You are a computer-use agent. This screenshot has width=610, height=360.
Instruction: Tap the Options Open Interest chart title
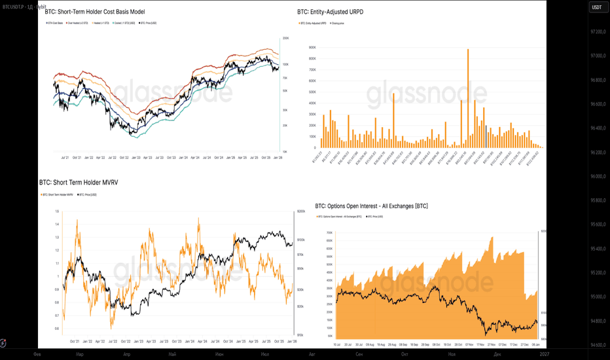371,206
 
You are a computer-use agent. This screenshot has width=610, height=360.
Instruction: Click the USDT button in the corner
597,7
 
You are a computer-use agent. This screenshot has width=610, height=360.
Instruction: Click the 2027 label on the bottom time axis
545,353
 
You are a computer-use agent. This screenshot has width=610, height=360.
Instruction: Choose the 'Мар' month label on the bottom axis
80,353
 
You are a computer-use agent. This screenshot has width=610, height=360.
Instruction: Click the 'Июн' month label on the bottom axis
219,353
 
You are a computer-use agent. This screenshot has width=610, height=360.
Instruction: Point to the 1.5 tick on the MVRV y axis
57,211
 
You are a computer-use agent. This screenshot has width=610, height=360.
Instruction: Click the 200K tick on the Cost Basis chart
286,39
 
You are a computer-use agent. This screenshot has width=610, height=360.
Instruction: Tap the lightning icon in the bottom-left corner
5,342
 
